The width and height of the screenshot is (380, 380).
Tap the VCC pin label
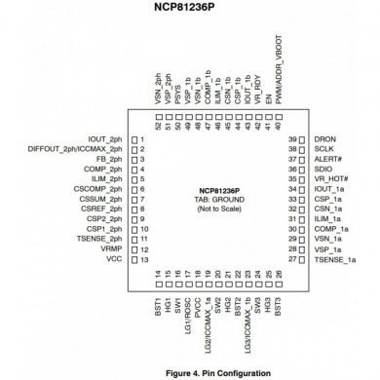pos(116,260)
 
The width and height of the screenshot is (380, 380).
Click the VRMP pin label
pos(112,250)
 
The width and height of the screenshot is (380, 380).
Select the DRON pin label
pos(325,140)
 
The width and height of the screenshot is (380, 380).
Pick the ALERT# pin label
pos(329,160)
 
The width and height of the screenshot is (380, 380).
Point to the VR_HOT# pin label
pos(331,180)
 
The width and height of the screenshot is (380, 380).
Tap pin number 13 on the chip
pos(143,260)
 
